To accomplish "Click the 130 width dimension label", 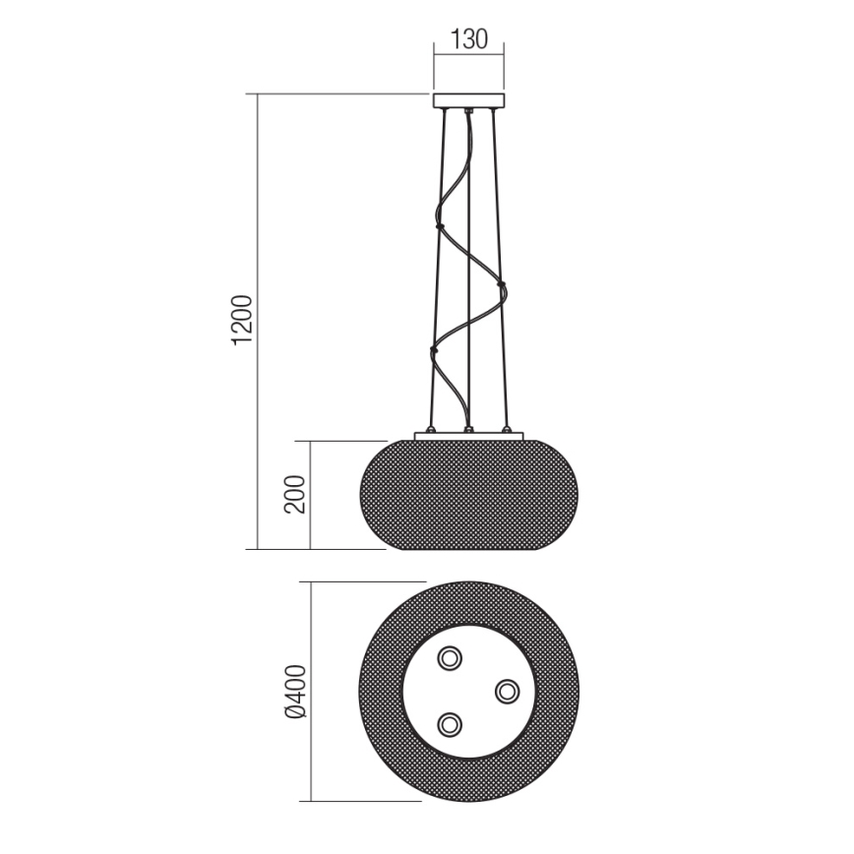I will click(468, 40).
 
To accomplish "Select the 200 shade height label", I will click(296, 495).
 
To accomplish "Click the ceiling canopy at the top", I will click(468, 100).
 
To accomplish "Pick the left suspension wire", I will click(438, 266).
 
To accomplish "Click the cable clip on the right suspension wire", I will click(502, 285).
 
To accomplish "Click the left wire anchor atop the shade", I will click(430, 430).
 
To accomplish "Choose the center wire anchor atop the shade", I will click(468, 430).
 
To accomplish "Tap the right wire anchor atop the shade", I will click(507, 430).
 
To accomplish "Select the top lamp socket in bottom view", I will click(451, 657).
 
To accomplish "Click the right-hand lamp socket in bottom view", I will click(507, 692).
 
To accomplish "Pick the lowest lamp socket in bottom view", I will click(451, 725).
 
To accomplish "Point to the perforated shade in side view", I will click(468, 495).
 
